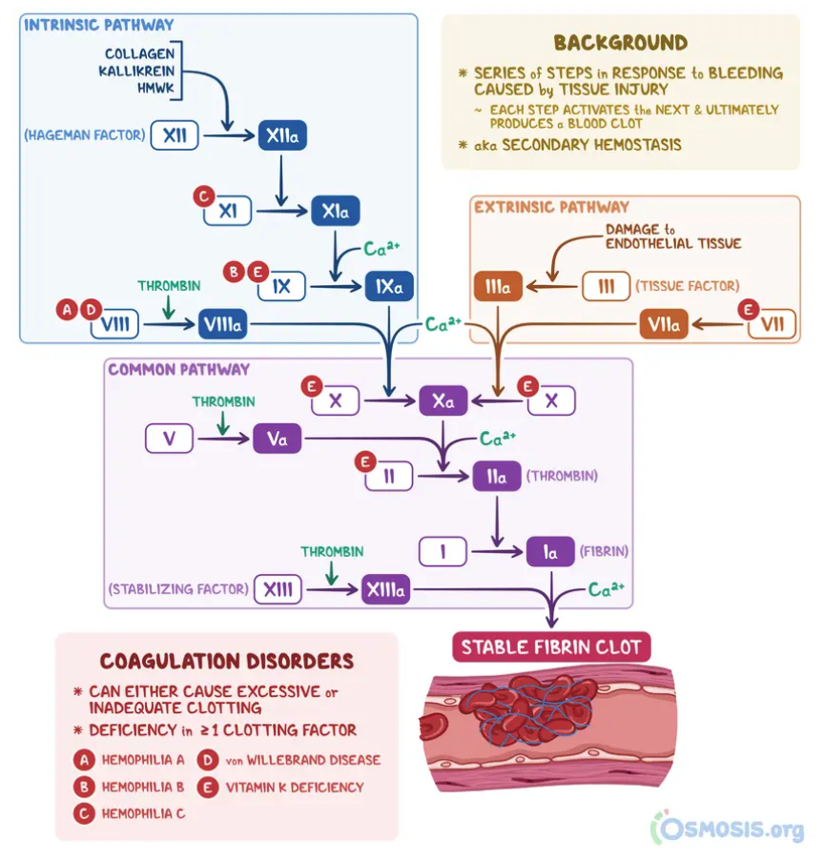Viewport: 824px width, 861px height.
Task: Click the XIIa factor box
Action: tap(282, 136)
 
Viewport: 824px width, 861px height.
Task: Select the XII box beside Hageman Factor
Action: tap(175, 136)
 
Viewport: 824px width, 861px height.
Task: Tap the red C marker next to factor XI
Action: tap(202, 196)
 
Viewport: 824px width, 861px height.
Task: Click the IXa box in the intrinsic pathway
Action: tap(388, 285)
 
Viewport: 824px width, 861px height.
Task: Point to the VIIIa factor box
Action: tap(222, 325)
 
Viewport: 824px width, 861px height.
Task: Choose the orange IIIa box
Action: tap(498, 286)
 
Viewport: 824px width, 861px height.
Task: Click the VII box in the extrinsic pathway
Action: tap(772, 325)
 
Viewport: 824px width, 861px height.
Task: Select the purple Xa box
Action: tap(443, 401)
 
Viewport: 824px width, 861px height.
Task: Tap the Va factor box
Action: tap(277, 439)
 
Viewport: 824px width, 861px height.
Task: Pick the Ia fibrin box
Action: tap(550, 551)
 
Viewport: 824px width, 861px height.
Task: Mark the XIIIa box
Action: tap(386, 590)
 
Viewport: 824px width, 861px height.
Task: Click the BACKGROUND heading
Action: tap(620, 43)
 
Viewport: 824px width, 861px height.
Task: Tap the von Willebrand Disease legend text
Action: tap(303, 760)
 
